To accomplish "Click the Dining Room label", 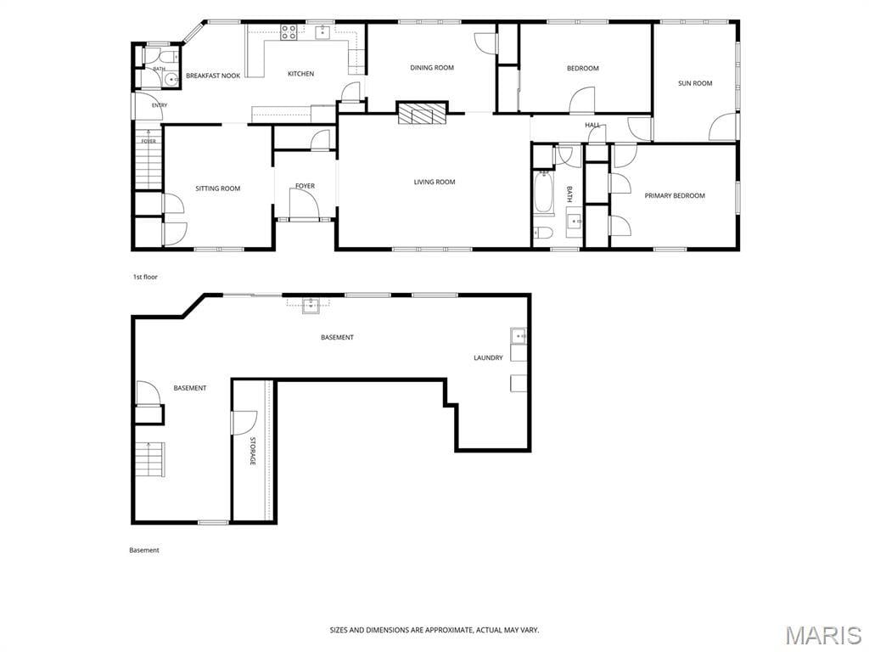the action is click(432, 68).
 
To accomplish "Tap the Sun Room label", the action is click(695, 83).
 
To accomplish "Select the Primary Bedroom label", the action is click(675, 196).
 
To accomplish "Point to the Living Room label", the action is click(434, 182).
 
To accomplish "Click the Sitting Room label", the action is click(218, 188).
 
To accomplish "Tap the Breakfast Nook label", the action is click(213, 76).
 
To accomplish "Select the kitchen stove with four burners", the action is click(289, 33).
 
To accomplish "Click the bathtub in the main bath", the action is click(543, 193).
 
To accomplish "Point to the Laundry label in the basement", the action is click(488, 357).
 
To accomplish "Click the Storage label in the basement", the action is click(253, 452).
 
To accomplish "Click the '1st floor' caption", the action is click(145, 277).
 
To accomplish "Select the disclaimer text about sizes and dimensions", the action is click(434, 630).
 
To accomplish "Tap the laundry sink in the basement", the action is click(519, 336).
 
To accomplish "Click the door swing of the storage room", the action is click(244, 423).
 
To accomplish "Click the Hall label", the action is click(592, 126).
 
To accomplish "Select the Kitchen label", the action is click(301, 74).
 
